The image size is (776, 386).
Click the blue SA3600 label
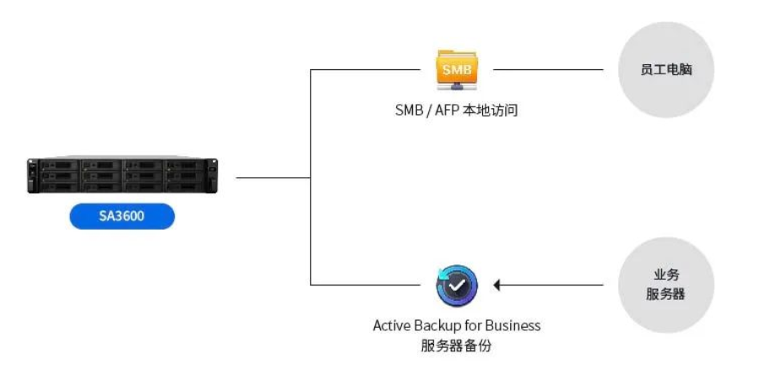pos(122,216)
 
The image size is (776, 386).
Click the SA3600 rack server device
pos(122,176)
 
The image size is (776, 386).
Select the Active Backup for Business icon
pos(457,286)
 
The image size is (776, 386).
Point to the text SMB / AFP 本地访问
pos(456,109)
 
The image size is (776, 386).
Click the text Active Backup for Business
pos(457,325)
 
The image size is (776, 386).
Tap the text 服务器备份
pos(456,345)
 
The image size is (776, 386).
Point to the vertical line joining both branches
pos(312,177)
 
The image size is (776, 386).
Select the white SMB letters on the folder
pos(456,68)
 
